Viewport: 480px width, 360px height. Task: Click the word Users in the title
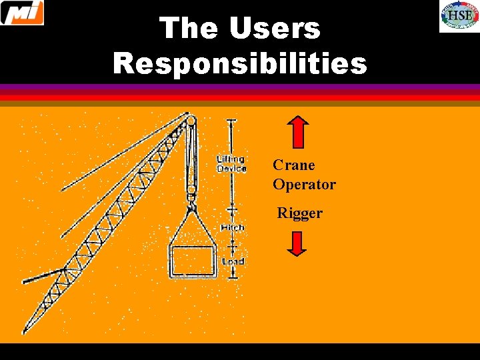pyautogui.click(x=275, y=29)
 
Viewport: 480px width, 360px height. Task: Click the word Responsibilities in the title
pyautogui.click(x=240, y=63)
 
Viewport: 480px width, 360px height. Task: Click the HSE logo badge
pyautogui.click(x=458, y=17)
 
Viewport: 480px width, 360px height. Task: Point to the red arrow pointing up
pyautogui.click(x=299, y=132)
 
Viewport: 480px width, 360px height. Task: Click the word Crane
pyautogui.click(x=294, y=165)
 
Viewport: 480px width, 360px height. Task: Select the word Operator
pyautogui.click(x=304, y=185)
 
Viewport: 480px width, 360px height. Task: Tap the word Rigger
pyautogui.click(x=300, y=213)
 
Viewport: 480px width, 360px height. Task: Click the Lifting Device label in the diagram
pyautogui.click(x=231, y=164)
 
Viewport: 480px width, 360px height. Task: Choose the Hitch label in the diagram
pyautogui.click(x=231, y=227)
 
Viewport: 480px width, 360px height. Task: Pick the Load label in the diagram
pyautogui.click(x=233, y=261)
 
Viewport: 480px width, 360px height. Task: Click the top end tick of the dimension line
pyautogui.click(x=232, y=120)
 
